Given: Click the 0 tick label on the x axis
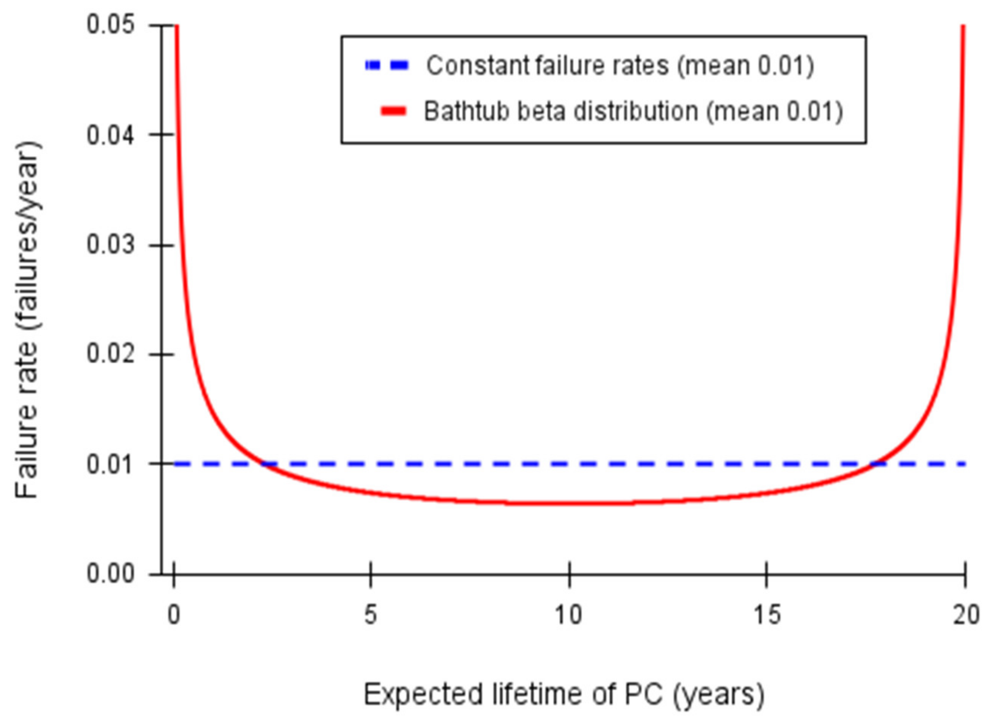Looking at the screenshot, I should (x=174, y=615).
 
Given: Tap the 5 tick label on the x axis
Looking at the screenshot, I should (x=371, y=615).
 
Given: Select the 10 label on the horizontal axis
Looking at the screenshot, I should (x=569, y=615).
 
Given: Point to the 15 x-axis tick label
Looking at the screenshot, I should (x=767, y=615).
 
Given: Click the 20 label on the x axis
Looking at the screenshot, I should (x=966, y=615).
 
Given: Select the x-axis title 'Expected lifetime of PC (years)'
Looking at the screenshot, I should (x=564, y=694).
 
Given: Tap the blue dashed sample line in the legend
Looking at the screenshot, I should (x=387, y=66).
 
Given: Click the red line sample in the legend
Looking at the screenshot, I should (x=393, y=111).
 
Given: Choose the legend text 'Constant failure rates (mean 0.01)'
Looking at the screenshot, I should (x=620, y=66).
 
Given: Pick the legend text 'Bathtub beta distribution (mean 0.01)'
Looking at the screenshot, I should (x=633, y=111).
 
